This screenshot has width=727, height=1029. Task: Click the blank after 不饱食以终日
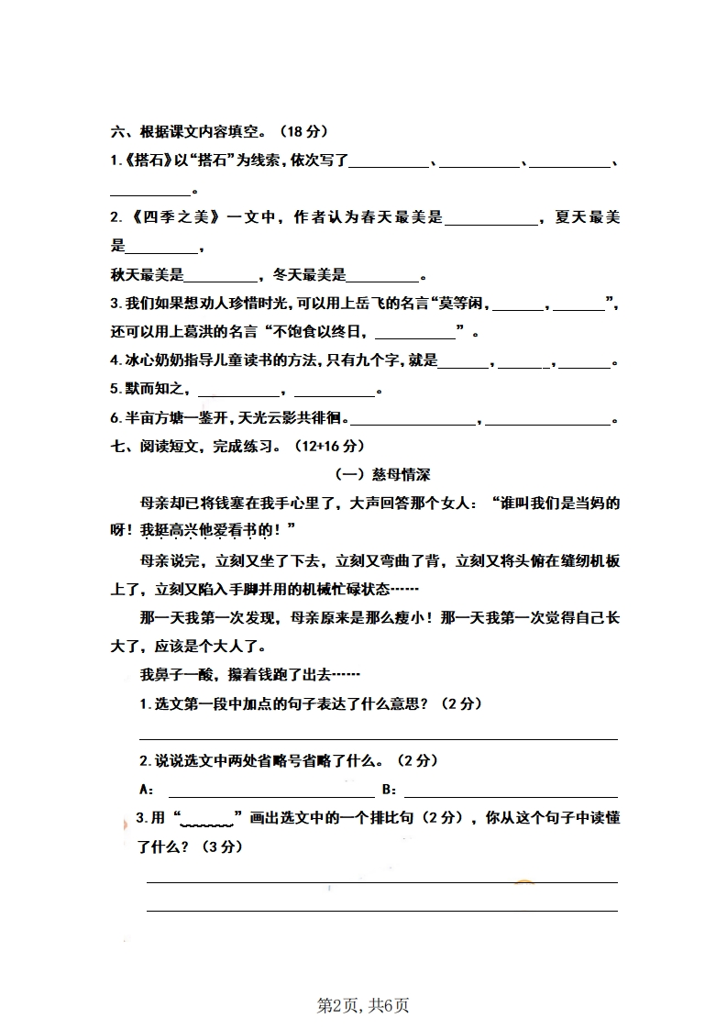[x=415, y=333]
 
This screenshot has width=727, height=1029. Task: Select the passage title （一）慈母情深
[x=383, y=475]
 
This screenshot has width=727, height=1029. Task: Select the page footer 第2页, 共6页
[x=363, y=1004]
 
